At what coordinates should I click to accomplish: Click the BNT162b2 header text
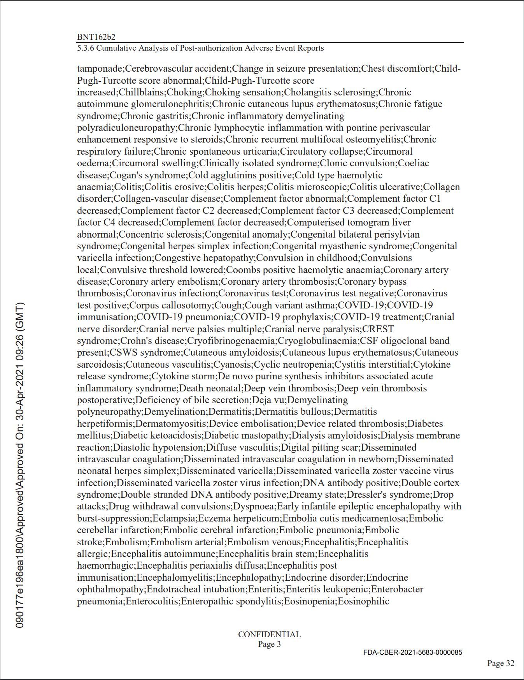click(96, 37)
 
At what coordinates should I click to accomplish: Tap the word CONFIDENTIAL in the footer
click(269, 634)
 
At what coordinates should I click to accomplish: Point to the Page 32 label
click(501, 663)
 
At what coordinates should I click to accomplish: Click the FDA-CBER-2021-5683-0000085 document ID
click(413, 652)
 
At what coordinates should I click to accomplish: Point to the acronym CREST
click(378, 329)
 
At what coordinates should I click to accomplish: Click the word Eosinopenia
click(310, 601)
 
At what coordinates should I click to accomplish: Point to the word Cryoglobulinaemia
click(317, 341)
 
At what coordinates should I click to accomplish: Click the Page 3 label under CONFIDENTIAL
click(269, 644)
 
